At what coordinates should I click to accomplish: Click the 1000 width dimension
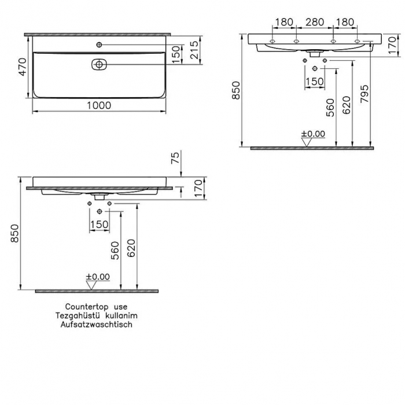99,105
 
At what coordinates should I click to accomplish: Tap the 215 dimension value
194,51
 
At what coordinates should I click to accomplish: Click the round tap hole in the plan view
99,45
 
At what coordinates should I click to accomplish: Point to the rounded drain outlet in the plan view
99,65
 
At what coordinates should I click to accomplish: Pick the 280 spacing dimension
314,23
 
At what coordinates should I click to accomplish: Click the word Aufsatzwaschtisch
96,325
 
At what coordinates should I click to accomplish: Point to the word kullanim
121,316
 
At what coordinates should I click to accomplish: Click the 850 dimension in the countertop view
16,234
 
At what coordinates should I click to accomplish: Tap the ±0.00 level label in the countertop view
98,277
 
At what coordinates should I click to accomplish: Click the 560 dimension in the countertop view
115,250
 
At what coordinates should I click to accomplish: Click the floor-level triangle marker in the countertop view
91,284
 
